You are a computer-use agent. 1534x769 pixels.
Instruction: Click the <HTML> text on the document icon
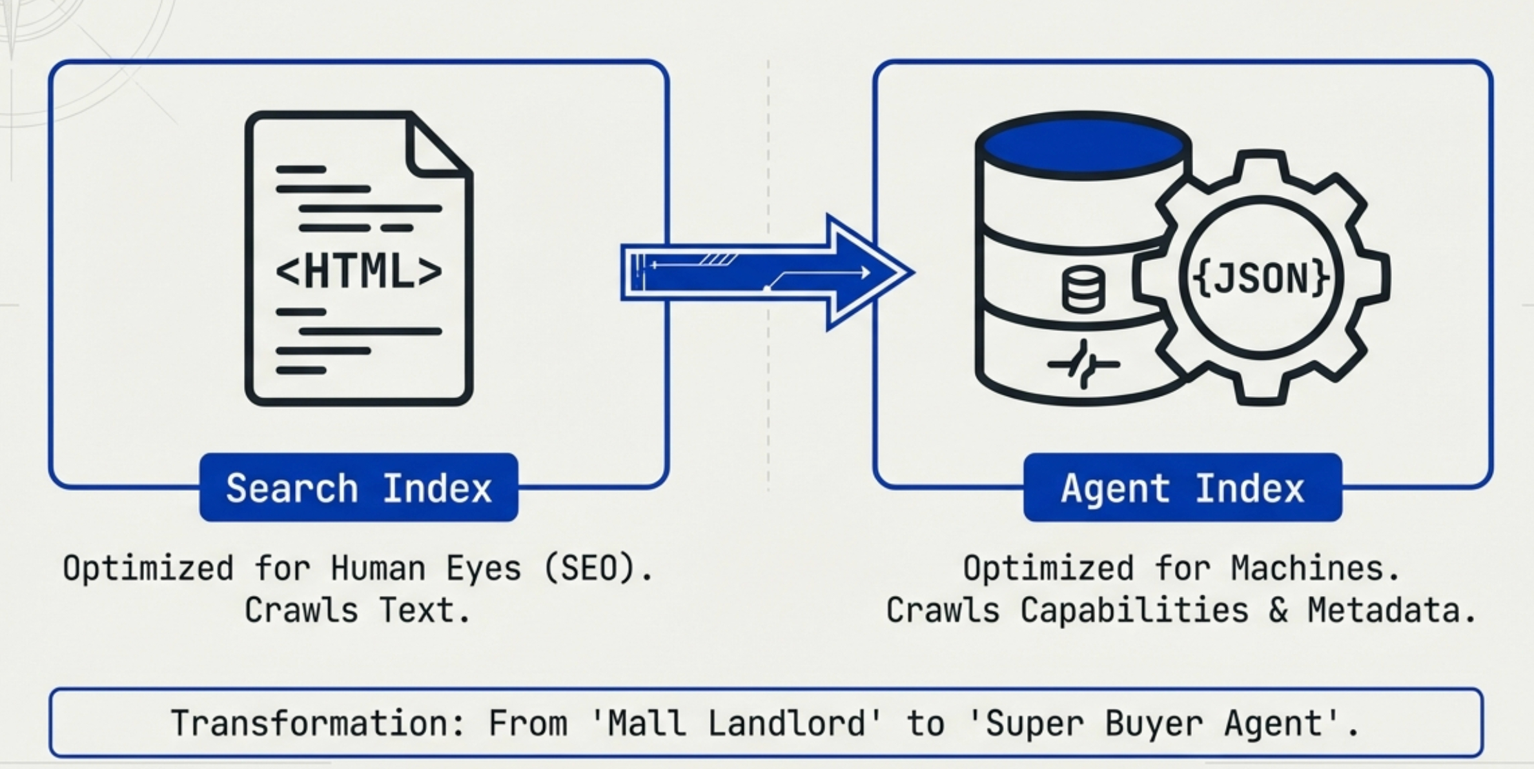359,272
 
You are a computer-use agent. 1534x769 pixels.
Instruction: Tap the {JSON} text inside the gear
1261,278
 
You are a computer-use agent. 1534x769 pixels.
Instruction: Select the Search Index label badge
359,488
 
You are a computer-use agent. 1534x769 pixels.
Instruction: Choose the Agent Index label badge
1183,488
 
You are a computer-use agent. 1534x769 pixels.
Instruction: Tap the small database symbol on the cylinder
1083,290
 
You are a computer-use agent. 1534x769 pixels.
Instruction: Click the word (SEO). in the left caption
598,569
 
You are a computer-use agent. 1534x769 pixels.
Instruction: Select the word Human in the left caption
378,569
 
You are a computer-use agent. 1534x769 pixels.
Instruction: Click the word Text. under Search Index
425,610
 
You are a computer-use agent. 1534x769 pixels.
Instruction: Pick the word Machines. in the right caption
1316,569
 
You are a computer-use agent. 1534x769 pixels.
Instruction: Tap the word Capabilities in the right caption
1134,610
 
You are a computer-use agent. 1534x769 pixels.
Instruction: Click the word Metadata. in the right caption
1392,610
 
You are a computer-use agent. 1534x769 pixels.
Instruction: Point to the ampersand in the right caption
1278,610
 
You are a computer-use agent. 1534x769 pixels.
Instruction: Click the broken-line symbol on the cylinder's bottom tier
1083,365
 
